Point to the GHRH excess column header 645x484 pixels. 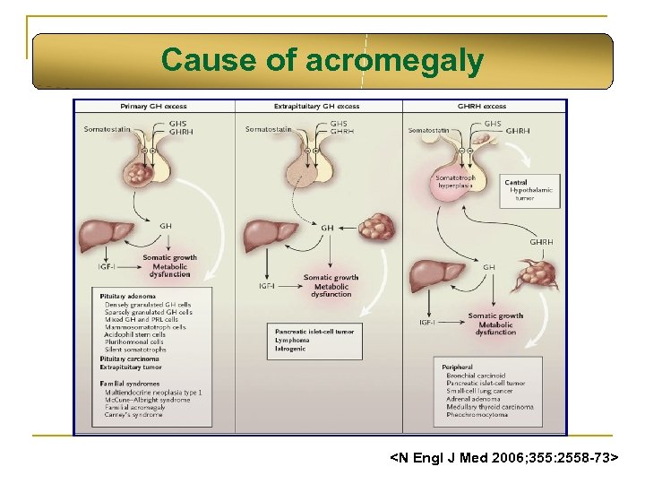coord(482,106)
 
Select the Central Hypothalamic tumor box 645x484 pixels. coord(532,191)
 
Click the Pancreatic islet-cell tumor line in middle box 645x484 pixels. coord(314,332)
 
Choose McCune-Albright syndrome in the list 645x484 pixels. coord(148,400)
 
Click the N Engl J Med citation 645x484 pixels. coord(504,458)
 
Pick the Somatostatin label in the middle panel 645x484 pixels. coord(269,129)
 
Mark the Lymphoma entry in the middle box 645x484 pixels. coord(292,340)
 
